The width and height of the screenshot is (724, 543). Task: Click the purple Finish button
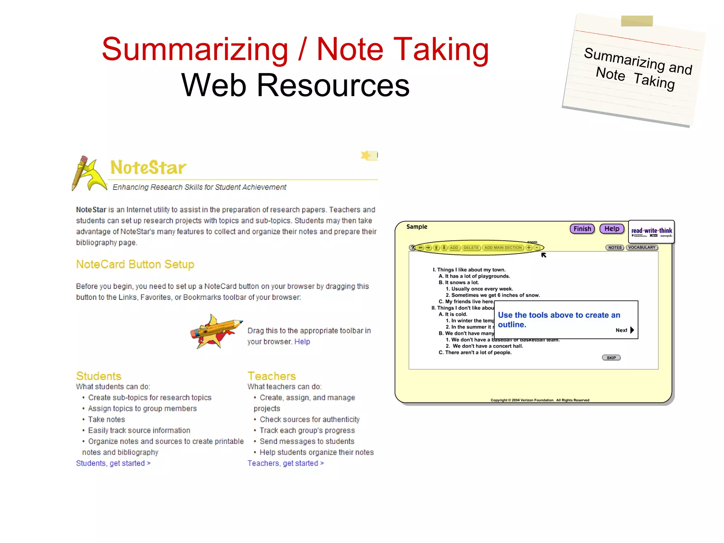pyautogui.click(x=582, y=229)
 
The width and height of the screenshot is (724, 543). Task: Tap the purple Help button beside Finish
pyautogui.click(x=612, y=229)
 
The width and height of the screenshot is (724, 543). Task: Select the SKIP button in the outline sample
pyautogui.click(x=611, y=358)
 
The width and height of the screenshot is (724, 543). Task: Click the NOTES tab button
pyautogui.click(x=615, y=247)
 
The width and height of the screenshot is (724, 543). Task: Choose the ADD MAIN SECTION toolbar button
pyautogui.click(x=503, y=247)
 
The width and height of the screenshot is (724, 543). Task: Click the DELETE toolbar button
pyautogui.click(x=471, y=247)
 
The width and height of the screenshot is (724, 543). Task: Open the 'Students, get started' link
pyautogui.click(x=113, y=463)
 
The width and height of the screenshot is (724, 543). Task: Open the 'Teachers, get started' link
pyautogui.click(x=285, y=463)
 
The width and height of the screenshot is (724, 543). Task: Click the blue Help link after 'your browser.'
pyautogui.click(x=302, y=341)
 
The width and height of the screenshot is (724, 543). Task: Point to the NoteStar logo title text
pyautogui.click(x=148, y=168)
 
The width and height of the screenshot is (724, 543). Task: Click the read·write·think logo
pyautogui.click(x=652, y=232)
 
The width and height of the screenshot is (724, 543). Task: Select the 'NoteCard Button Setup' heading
pyautogui.click(x=135, y=264)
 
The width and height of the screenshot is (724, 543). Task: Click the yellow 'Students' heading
pyautogui.click(x=99, y=376)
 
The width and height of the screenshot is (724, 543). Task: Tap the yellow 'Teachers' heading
pyautogui.click(x=271, y=376)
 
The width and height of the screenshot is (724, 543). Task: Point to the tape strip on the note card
pyautogui.click(x=637, y=21)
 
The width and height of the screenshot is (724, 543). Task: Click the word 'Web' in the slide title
pyautogui.click(x=214, y=85)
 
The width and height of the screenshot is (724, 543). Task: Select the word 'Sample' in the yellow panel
pyautogui.click(x=417, y=227)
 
